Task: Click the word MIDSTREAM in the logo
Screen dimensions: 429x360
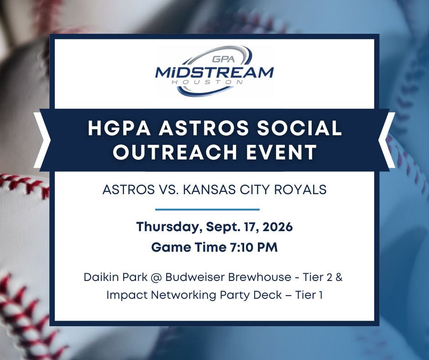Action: [x=214, y=72]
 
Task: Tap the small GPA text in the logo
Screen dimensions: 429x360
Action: [x=224, y=59]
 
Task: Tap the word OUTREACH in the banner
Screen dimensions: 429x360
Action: [x=175, y=152]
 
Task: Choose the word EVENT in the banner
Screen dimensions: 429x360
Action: [x=281, y=152]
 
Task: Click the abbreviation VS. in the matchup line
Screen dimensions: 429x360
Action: [x=169, y=190]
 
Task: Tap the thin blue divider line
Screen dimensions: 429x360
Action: [x=207, y=210]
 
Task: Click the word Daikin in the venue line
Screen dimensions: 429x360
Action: [x=101, y=277]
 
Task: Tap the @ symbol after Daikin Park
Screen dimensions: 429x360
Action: [x=156, y=277]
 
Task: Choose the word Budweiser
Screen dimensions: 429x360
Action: [x=195, y=277]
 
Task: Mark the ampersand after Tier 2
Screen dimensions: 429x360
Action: [x=339, y=277]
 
